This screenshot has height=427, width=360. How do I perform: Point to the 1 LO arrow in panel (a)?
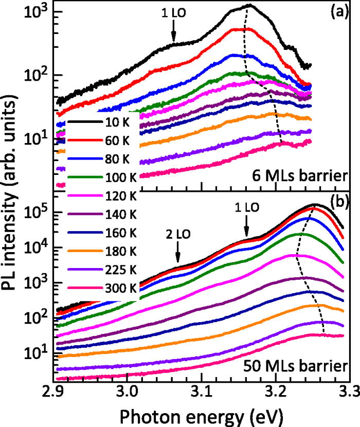[x=173, y=34]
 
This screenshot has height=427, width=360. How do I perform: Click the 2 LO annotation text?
[x=177, y=234]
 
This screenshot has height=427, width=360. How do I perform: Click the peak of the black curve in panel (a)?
[x=249, y=5]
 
